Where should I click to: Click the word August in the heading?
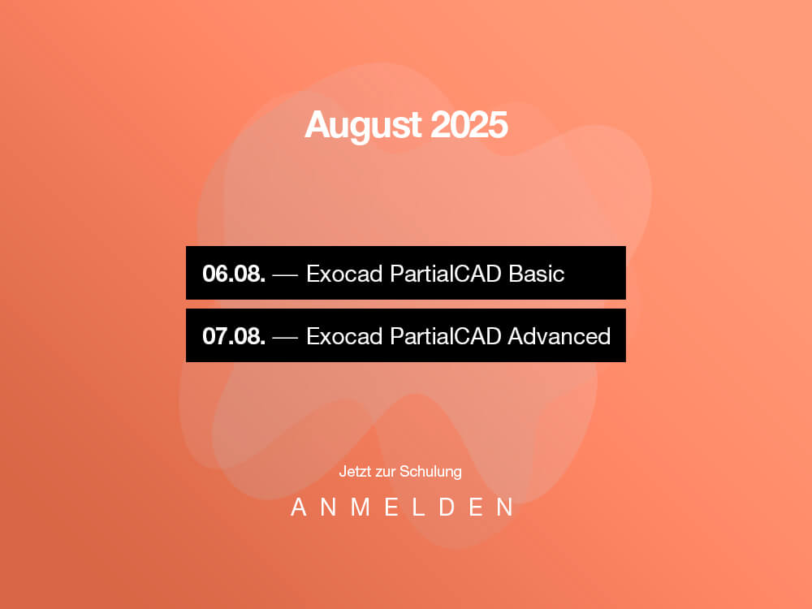coord(363,126)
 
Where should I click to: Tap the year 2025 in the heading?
coord(469,125)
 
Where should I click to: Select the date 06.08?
coord(234,274)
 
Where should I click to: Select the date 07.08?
coord(234,336)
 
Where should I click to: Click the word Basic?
coord(536,274)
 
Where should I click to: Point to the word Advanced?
coord(559,336)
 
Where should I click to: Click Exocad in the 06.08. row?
coord(344,274)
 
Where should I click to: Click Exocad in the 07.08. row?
coord(344,336)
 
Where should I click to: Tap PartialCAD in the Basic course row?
coord(445,274)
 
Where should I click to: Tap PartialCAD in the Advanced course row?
coord(445,336)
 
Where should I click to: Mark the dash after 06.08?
coord(285,275)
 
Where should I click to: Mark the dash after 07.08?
coord(285,338)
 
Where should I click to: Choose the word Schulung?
coord(431,472)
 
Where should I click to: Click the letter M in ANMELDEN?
coord(361,507)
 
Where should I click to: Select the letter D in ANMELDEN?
coord(447,507)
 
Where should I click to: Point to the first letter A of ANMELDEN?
coord(298,507)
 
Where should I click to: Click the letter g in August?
coord(361,130)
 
